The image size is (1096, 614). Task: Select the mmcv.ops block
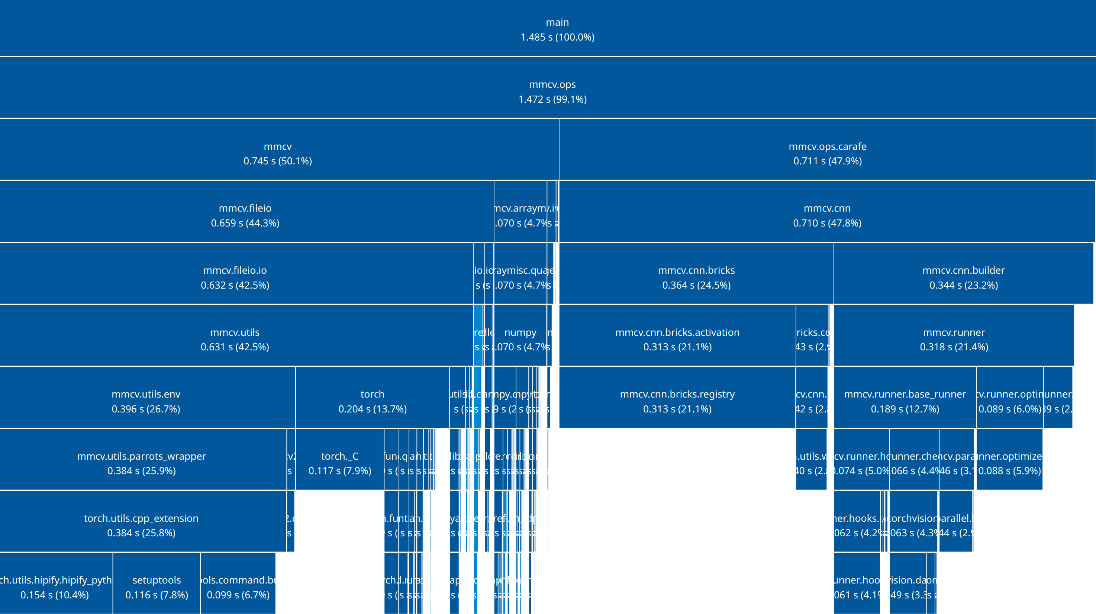(552, 91)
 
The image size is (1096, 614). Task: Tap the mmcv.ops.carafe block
(827, 153)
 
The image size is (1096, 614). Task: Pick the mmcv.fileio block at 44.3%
(245, 215)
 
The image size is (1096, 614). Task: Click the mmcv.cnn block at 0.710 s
(827, 215)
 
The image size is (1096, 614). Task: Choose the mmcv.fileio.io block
(235, 277)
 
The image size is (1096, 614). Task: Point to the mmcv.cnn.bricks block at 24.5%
(696, 277)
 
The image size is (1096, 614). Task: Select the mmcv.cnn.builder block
(963, 277)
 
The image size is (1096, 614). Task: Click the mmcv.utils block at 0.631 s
(235, 339)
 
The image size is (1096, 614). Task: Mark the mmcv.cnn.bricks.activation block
(677, 339)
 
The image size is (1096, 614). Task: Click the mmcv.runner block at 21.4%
(954, 339)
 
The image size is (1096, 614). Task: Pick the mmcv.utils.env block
(146, 401)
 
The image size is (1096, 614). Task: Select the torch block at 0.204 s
(372, 401)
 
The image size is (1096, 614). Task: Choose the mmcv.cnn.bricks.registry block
(677, 401)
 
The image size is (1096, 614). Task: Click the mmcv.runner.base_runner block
(905, 401)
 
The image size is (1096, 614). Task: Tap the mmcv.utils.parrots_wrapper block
(141, 463)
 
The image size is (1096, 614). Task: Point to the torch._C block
(339, 463)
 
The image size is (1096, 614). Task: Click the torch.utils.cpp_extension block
(141, 525)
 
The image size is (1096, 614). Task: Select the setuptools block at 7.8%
(157, 587)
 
